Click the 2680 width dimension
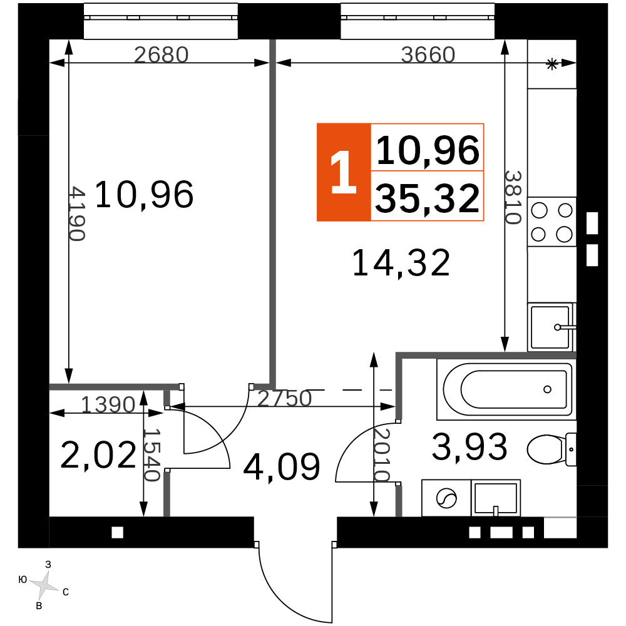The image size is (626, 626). (161, 54)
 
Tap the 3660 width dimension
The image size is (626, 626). (428, 54)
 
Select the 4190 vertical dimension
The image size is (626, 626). (76, 213)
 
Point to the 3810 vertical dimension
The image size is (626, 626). (513, 197)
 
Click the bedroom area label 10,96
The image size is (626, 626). (144, 195)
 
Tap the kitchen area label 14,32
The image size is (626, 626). (401, 263)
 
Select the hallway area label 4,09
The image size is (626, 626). (282, 466)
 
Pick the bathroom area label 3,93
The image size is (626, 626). (469, 446)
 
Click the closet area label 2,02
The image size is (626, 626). (98, 455)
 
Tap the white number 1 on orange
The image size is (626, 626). (343, 173)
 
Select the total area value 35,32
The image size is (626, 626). (427, 198)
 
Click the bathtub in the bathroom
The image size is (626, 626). (506, 389)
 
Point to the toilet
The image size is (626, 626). (552, 449)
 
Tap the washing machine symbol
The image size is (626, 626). (446, 498)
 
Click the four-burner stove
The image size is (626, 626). (552, 222)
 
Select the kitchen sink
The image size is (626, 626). (552, 327)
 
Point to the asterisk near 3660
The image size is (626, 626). (552, 64)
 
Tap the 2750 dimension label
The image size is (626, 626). (284, 398)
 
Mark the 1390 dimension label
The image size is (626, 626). (108, 405)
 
